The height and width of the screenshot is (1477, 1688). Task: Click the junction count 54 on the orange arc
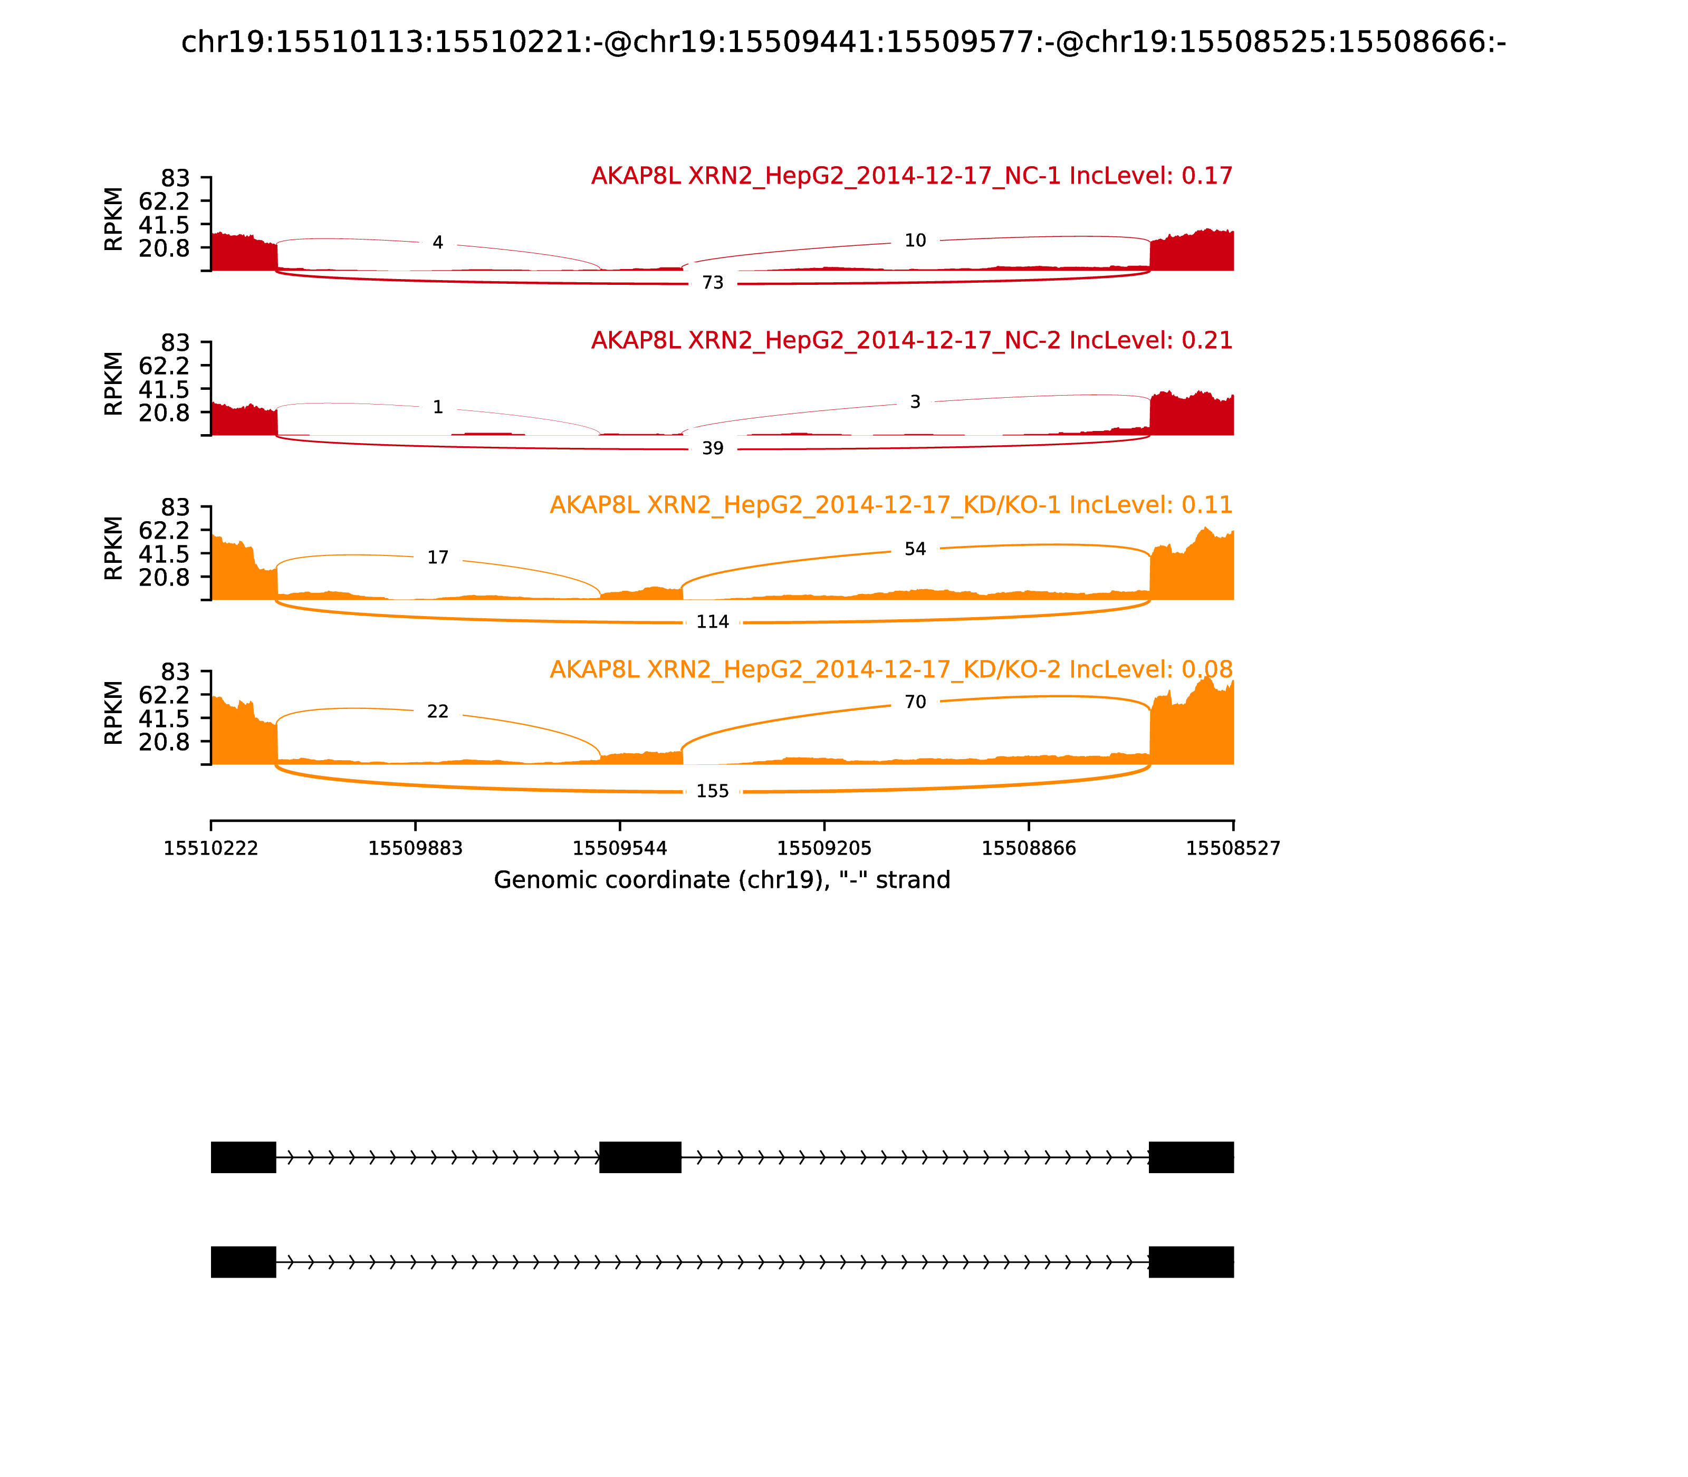pyautogui.click(x=915, y=549)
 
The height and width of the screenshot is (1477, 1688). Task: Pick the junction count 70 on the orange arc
pyautogui.click(x=915, y=702)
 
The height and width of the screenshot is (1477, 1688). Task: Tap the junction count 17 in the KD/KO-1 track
pyautogui.click(x=438, y=558)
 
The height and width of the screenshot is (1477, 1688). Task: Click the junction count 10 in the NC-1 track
pyautogui.click(x=915, y=241)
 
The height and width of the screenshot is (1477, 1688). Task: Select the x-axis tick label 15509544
pyautogui.click(x=620, y=849)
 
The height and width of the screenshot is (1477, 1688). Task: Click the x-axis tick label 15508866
pyautogui.click(x=1029, y=849)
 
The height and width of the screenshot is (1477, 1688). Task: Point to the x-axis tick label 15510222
pyautogui.click(x=211, y=849)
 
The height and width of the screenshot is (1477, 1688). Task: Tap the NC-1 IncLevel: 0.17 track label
pyautogui.click(x=912, y=176)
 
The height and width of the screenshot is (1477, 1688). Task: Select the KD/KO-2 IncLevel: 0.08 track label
pyautogui.click(x=891, y=669)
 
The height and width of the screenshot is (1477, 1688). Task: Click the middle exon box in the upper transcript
pyautogui.click(x=640, y=1157)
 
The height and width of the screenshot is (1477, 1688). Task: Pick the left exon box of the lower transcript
pyautogui.click(x=243, y=1262)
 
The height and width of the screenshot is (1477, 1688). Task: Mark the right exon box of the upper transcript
pyautogui.click(x=1191, y=1157)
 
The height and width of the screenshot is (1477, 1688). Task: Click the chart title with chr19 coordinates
pyautogui.click(x=843, y=42)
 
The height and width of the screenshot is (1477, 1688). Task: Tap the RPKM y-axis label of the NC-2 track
pyautogui.click(x=114, y=383)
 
